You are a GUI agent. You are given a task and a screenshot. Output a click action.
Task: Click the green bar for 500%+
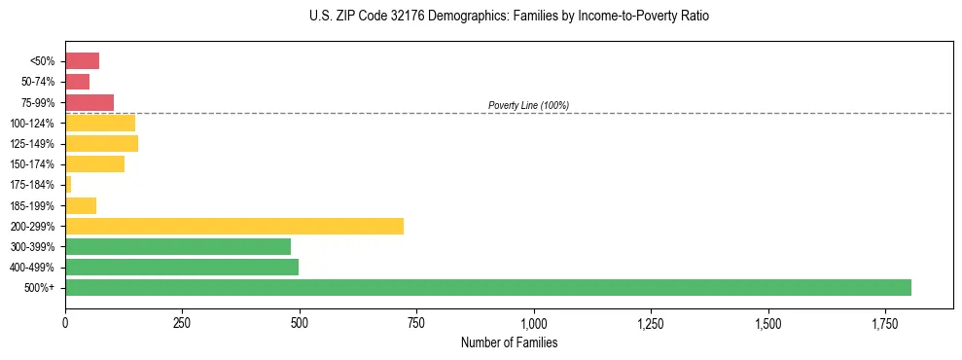[488, 287]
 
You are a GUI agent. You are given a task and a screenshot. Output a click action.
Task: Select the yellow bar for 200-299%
[234, 226]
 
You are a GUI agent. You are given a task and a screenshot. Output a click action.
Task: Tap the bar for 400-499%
[182, 267]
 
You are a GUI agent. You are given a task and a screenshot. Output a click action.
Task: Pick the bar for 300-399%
[178, 246]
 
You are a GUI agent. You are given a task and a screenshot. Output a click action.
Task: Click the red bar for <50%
[82, 61]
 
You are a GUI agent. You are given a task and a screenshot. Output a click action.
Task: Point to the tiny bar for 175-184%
[68, 185]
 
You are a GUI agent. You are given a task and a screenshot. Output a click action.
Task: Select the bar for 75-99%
[89, 102]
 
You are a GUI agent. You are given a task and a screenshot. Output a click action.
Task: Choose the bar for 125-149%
[101, 143]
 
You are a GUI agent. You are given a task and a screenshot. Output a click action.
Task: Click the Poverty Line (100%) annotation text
[528, 105]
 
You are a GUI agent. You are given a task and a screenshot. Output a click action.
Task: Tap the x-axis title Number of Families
[509, 342]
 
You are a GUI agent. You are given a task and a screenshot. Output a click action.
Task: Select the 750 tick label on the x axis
[416, 321]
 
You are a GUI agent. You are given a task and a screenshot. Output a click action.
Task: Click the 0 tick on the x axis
[65, 321]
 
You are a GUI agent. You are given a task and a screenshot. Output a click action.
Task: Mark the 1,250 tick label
[651, 321]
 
